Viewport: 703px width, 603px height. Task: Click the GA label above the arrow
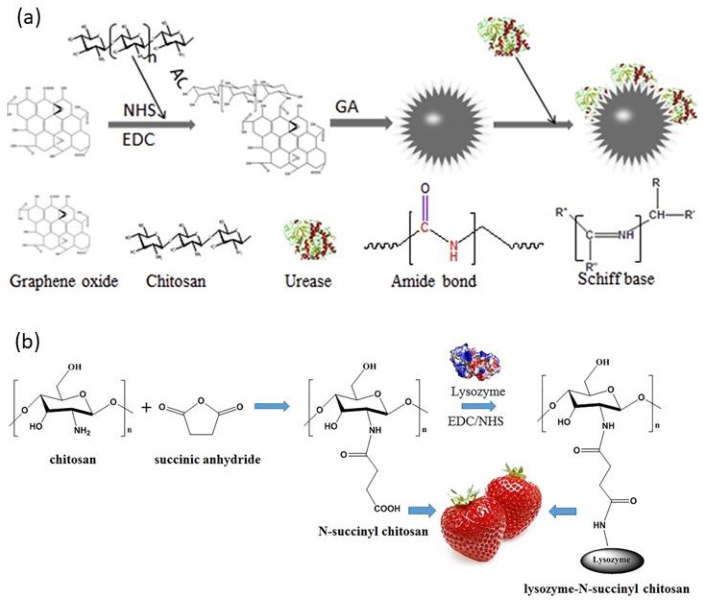pos(347,108)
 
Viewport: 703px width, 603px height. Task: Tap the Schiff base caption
pos(616,279)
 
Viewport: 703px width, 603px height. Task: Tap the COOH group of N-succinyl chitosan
pos(387,508)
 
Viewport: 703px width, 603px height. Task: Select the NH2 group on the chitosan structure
pos(82,431)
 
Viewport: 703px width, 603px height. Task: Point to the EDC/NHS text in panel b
pos(476,421)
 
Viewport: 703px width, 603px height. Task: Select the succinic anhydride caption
pos(207,460)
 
